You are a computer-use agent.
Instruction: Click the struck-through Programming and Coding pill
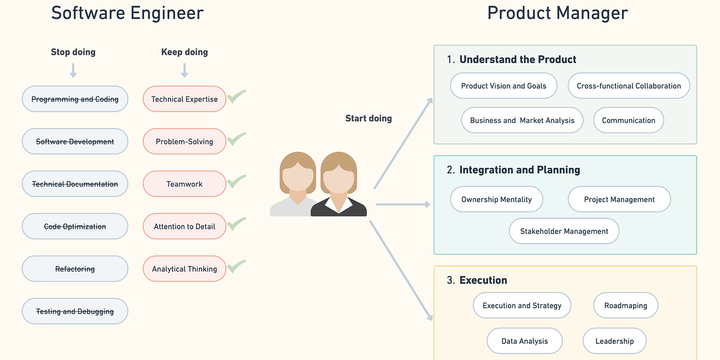pos(75,99)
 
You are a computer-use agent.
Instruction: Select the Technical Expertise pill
pos(184,99)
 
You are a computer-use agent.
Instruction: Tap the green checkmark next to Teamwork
pos(236,181)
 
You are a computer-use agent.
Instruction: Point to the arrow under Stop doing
pos(73,70)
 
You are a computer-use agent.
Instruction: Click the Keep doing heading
pos(184,52)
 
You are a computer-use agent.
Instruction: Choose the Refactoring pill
pos(75,269)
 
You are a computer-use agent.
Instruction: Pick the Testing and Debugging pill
pos(75,311)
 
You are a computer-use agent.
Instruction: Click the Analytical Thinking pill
pos(184,269)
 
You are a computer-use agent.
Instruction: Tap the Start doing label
pos(368,118)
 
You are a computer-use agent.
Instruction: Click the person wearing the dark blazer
pos(339,186)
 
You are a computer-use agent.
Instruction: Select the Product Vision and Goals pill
pos(503,86)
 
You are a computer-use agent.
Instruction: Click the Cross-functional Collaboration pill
pos(629,86)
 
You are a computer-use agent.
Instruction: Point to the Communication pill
pos(629,120)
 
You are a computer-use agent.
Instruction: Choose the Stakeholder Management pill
pos(564,232)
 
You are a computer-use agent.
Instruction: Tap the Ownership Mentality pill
pos(496,199)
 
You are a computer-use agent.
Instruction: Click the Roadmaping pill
pos(625,305)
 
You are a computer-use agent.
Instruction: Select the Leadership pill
pos(614,341)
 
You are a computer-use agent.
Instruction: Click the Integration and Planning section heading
pos(520,170)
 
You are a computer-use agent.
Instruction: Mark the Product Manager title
pos(557,13)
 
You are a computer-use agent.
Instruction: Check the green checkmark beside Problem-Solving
pos(236,138)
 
